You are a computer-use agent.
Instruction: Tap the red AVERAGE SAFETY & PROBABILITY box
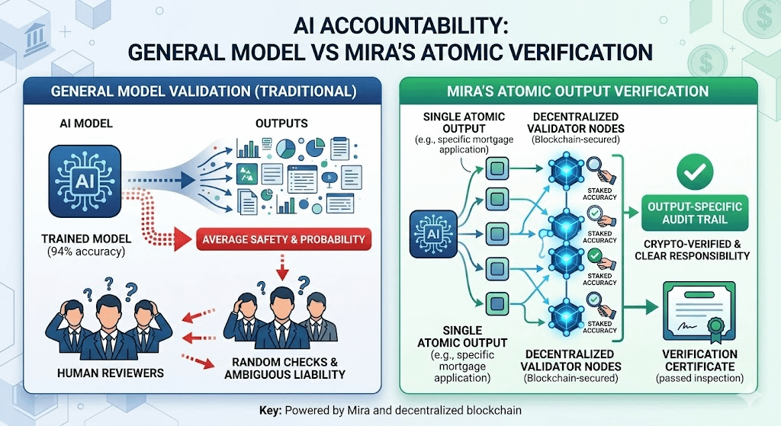[x=283, y=239]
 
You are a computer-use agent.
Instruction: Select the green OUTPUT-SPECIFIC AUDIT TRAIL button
[x=696, y=214]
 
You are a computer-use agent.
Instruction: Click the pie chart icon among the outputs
[x=287, y=145]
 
